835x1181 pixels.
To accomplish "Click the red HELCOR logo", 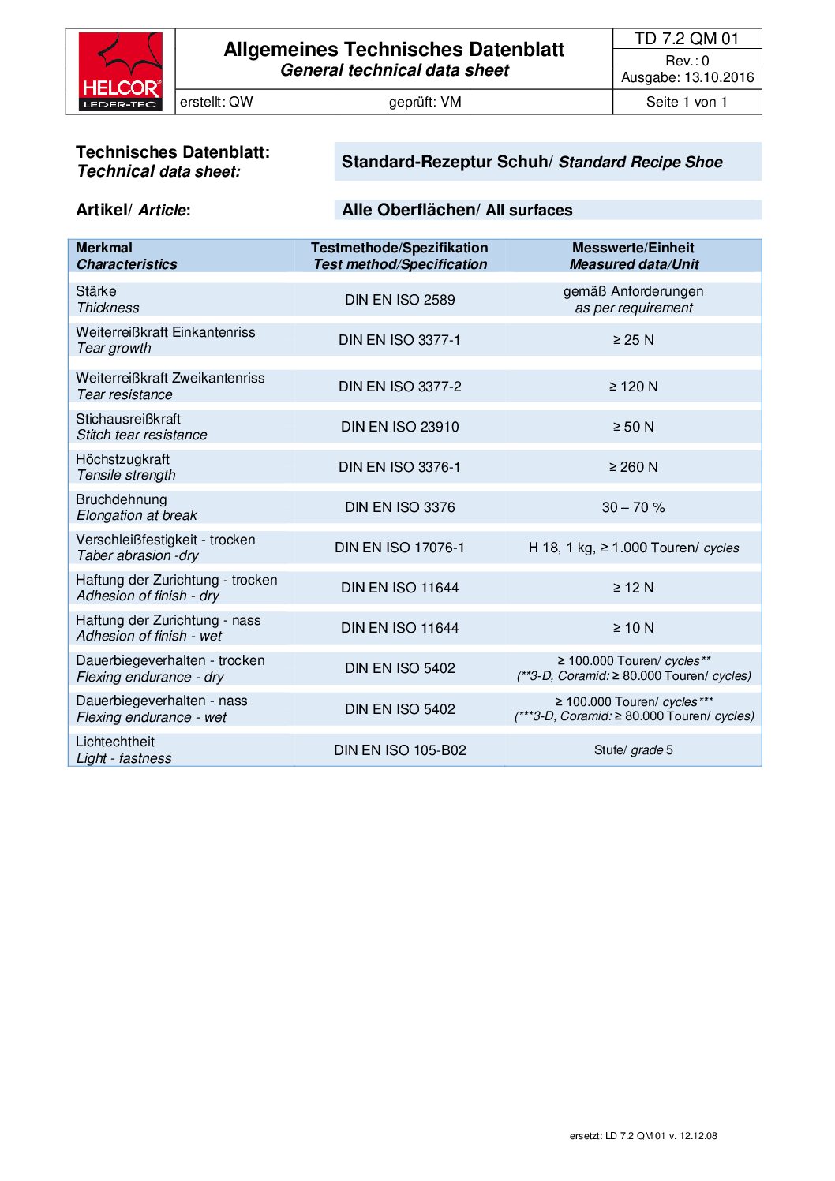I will coord(120,71).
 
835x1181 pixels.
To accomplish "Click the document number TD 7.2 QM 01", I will coord(687,39).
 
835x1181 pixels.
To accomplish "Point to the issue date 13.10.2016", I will coord(719,77).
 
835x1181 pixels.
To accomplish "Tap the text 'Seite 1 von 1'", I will coord(687,102).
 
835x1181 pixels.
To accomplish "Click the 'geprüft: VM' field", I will coord(425,102).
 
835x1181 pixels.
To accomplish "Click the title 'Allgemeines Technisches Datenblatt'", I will coord(394,50).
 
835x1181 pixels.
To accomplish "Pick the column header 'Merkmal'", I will coord(104,248).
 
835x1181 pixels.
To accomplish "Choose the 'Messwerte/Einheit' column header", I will coord(633,248).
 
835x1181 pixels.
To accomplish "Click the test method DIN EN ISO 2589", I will coord(399,300).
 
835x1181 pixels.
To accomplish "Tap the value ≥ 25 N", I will coord(633,340).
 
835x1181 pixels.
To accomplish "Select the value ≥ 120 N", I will coord(633,387).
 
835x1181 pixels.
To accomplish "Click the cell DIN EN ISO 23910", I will coord(399,427).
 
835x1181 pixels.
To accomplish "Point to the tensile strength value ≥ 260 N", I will coord(633,467).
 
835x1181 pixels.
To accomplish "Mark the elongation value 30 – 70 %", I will coord(633,507).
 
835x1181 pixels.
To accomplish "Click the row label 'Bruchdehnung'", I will coord(122,499).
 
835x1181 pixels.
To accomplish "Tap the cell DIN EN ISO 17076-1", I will coord(399,548).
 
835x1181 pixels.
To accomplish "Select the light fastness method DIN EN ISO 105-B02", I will coord(399,750).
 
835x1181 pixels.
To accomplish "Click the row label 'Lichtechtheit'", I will coord(115,742).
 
